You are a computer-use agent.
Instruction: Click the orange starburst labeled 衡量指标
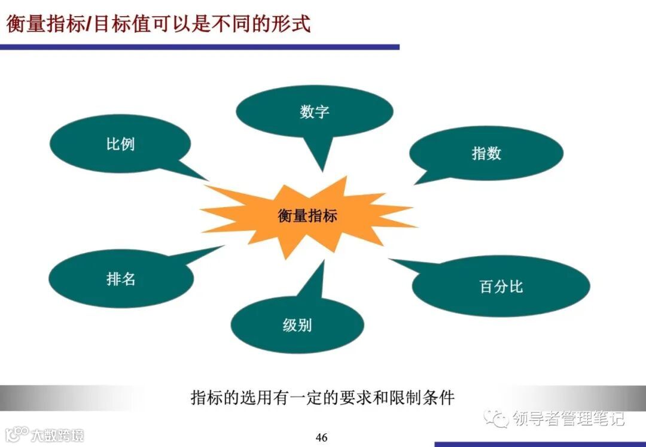pos(307,215)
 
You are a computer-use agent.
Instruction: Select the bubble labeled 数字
pos(315,111)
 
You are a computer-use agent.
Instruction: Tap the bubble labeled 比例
pos(120,144)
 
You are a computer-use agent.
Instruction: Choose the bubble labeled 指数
pos(486,153)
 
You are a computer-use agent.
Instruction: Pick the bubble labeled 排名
pos(121,278)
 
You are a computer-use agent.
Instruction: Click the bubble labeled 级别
pos(297,326)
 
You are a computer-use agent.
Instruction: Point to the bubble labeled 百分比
pos(501,286)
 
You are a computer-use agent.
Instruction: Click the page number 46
pos(322,437)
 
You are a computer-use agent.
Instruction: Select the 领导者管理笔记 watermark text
pos(568,418)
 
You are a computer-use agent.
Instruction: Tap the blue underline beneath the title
pos(199,47)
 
